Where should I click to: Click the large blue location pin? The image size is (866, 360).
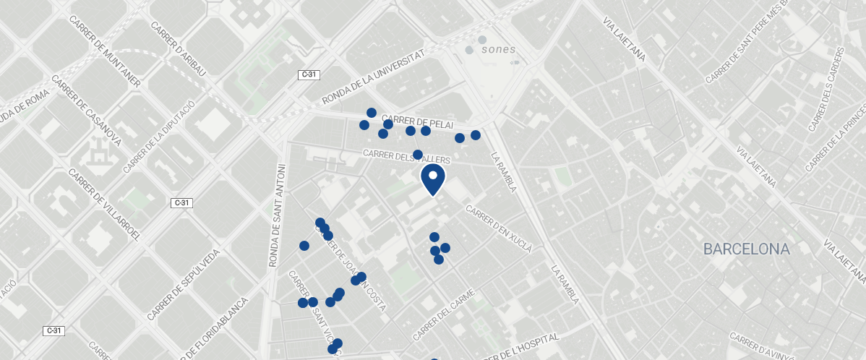[432, 179]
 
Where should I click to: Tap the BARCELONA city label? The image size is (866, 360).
[747, 249]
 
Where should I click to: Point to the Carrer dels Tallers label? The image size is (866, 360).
[407, 156]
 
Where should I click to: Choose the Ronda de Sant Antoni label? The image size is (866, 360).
[275, 215]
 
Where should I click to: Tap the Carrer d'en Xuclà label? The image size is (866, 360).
[499, 229]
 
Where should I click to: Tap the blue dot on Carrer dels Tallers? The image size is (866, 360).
[417, 154]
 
